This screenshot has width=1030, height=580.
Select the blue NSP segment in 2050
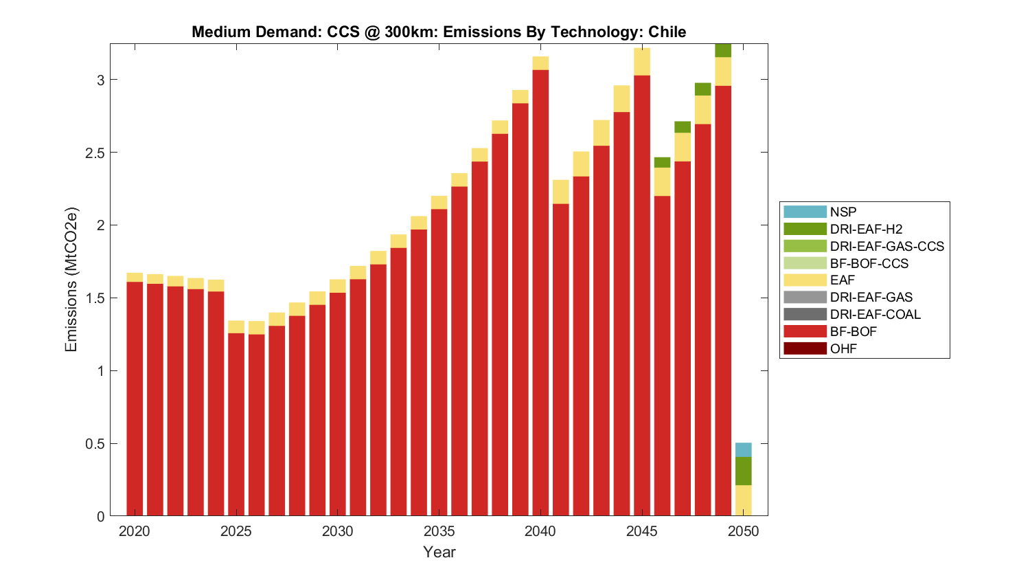click(x=743, y=450)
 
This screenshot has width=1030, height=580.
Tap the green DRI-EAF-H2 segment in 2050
click(x=743, y=471)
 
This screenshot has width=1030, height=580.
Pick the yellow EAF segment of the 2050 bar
click(x=743, y=500)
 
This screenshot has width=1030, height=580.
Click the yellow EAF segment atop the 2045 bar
click(x=642, y=62)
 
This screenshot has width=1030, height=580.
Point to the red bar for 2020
click(x=135, y=399)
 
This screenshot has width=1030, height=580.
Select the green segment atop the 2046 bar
click(x=662, y=162)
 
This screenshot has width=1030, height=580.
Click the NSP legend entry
click(x=843, y=212)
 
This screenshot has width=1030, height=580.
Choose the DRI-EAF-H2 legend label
click(x=866, y=229)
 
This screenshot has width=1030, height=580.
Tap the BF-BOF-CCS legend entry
click(x=869, y=263)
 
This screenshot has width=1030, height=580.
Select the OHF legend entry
click(x=843, y=348)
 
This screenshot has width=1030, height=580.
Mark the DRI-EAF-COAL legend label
click(x=875, y=314)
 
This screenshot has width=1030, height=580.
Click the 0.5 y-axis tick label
click(x=95, y=444)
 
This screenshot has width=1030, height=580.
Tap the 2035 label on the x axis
click(x=439, y=531)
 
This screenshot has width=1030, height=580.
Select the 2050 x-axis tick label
click(x=743, y=531)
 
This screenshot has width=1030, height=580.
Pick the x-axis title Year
click(x=439, y=552)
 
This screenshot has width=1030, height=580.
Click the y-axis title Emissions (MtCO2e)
click(x=71, y=279)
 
